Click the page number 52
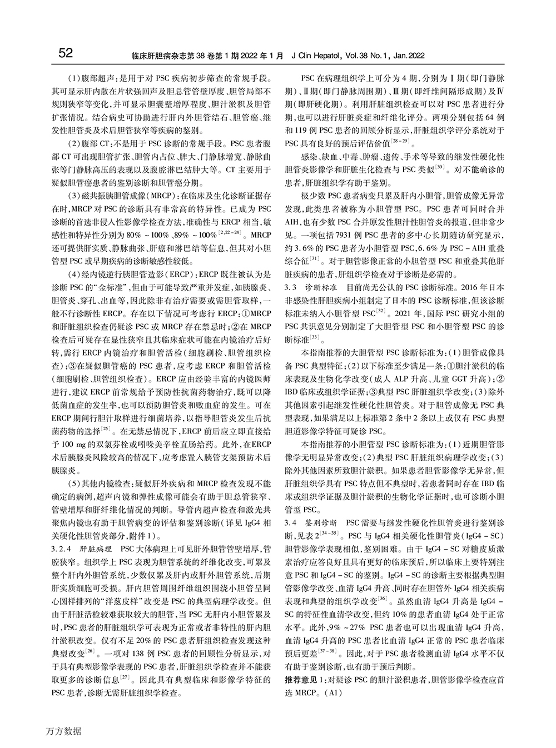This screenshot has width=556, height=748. pos(66,53)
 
